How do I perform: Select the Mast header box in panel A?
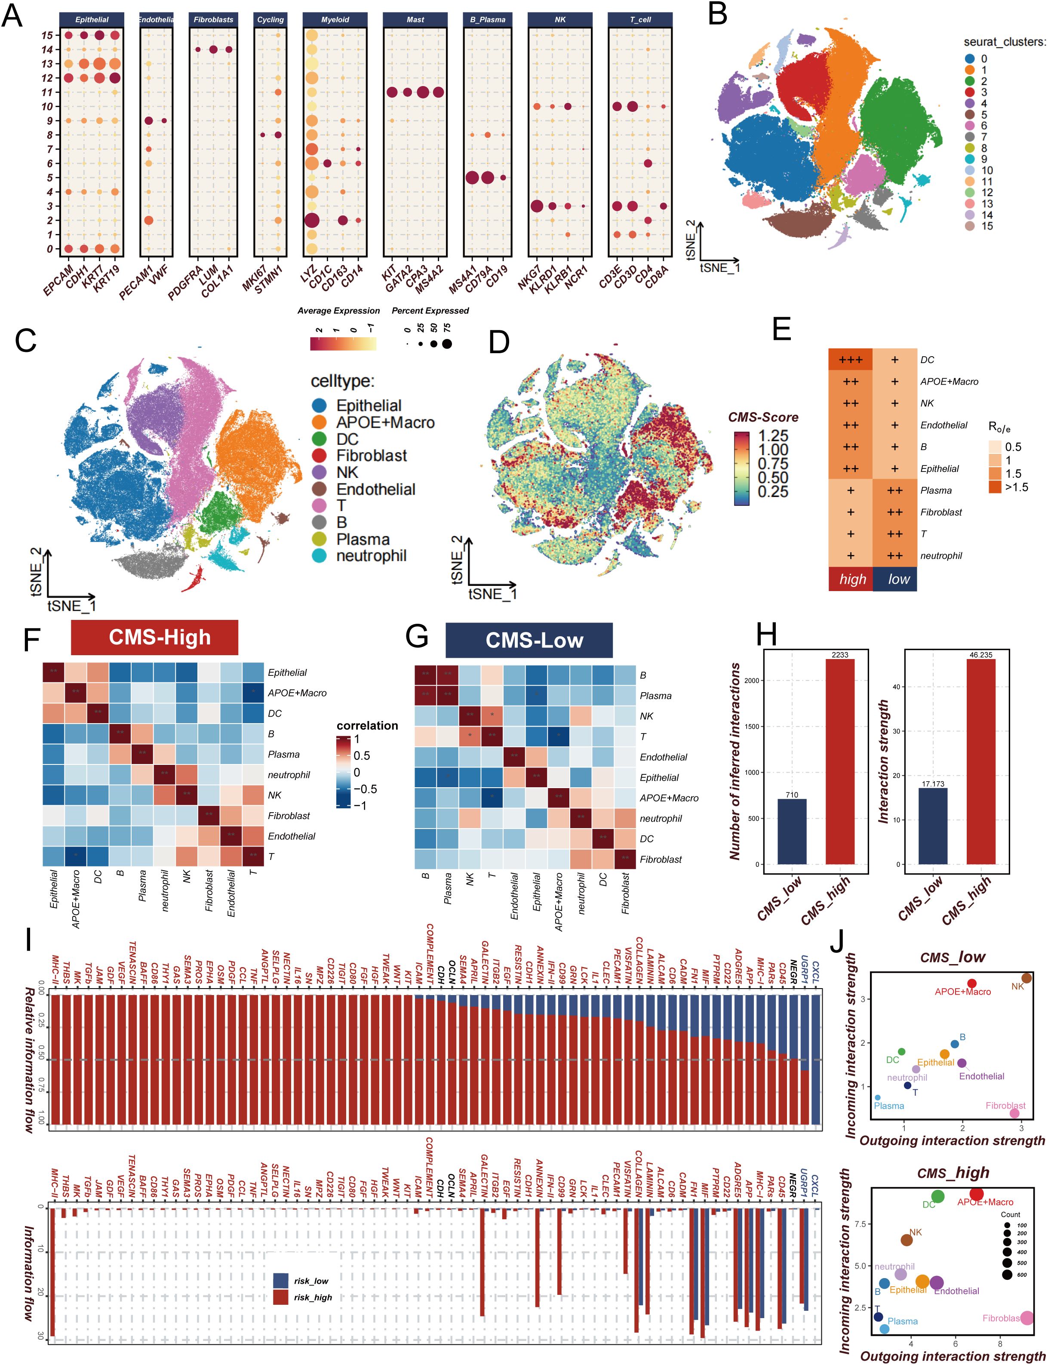pyautogui.click(x=415, y=19)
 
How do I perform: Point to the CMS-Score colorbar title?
pyautogui.click(x=762, y=417)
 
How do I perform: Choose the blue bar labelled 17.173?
pyautogui.click(x=933, y=826)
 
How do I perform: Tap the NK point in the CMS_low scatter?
pyautogui.click(x=1026, y=977)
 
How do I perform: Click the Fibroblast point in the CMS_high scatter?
pyautogui.click(x=1026, y=1318)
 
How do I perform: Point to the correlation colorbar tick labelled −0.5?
pyautogui.click(x=366, y=789)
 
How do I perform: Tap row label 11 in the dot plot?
pyautogui.click(x=47, y=92)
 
